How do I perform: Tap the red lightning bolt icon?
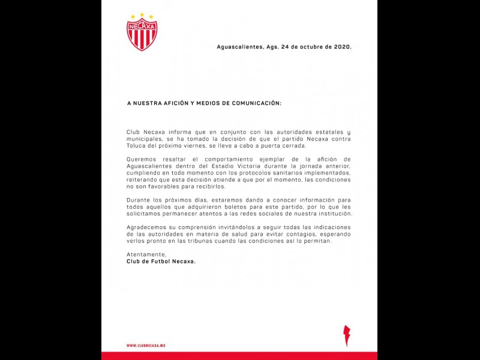click(x=346, y=335)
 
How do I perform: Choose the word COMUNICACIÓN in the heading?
click(x=255, y=103)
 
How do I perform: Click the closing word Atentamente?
click(x=146, y=254)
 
